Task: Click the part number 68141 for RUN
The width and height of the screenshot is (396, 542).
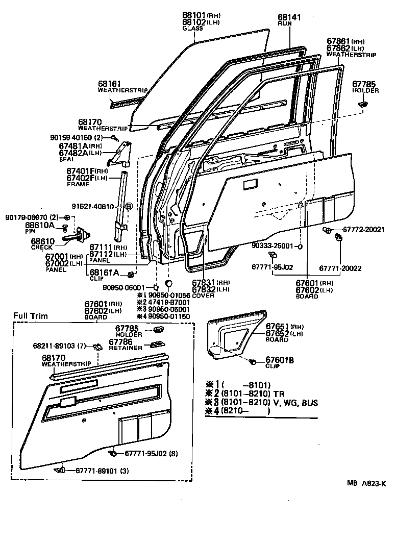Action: pos(290,17)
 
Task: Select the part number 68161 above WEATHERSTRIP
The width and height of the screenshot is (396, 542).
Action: pos(109,83)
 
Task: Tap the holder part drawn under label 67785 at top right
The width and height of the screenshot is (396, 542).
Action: pos(363,104)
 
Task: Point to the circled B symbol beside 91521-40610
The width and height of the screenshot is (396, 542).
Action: pos(129,206)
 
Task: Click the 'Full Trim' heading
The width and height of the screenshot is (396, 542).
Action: pos(31,316)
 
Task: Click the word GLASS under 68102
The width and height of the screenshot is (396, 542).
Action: pos(192,29)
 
